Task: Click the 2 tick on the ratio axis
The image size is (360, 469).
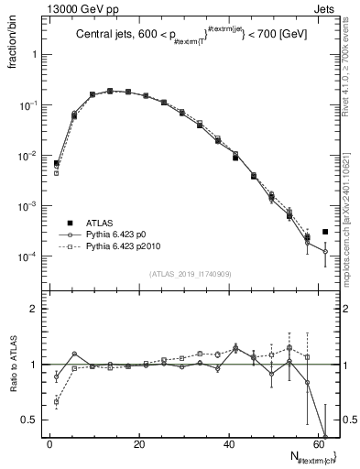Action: coord(34,309)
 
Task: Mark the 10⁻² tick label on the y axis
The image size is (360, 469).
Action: coord(28,156)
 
